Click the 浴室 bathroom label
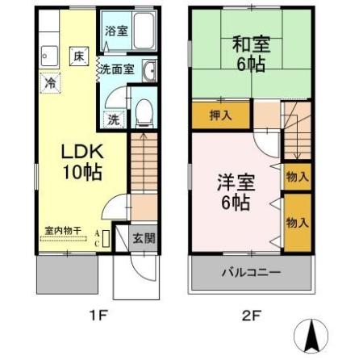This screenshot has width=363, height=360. tap(115, 31)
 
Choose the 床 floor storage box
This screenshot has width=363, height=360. tap(79, 56)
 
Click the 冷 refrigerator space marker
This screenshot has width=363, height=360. tap(50, 82)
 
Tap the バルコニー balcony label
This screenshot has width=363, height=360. tap(251, 272)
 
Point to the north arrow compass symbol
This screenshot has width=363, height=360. tap(313, 335)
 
